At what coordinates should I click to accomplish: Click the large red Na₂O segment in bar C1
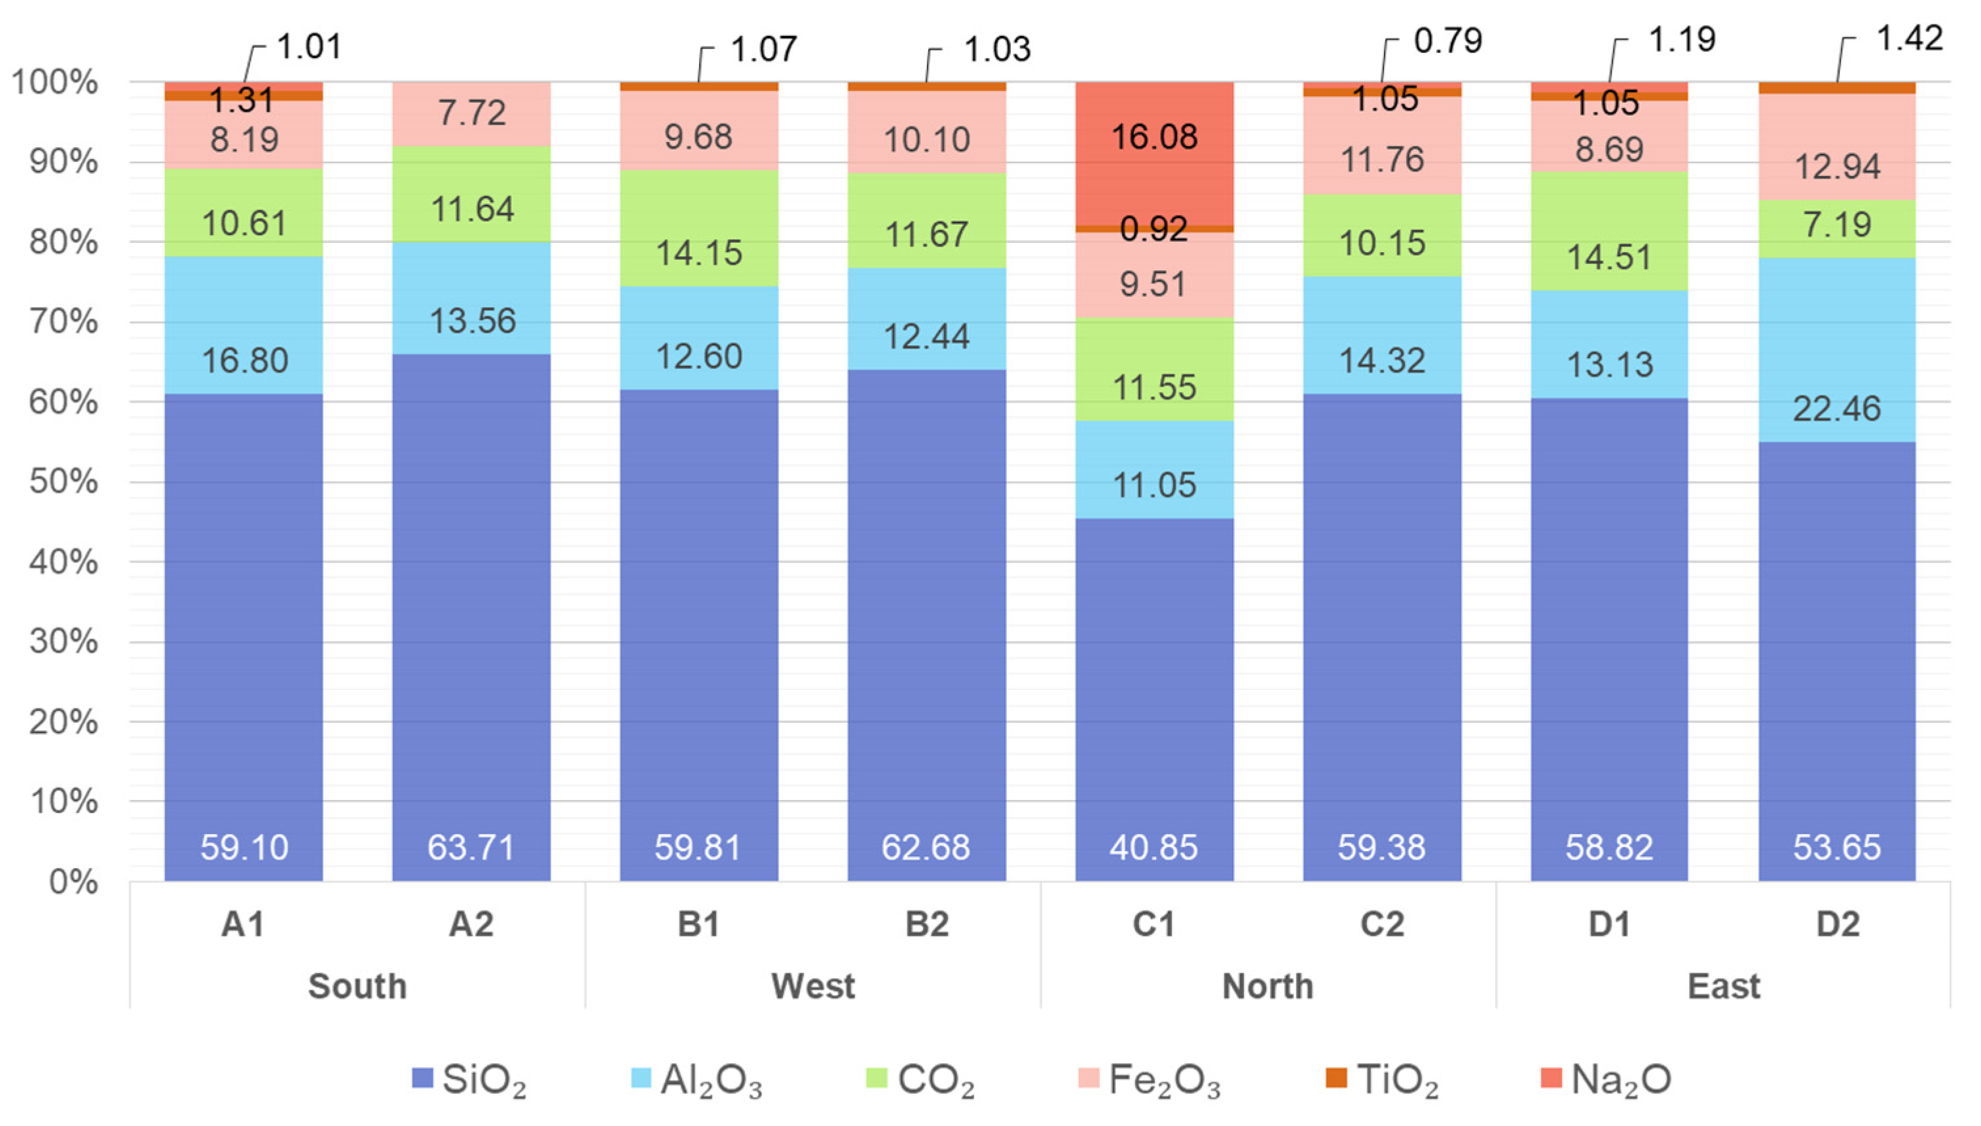[x=1154, y=153]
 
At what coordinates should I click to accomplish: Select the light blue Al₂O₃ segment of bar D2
[x=1837, y=350]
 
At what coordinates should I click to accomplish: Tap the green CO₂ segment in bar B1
[x=699, y=228]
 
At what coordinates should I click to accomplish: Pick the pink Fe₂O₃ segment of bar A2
[x=471, y=114]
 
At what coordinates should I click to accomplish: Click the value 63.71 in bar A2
[x=471, y=848]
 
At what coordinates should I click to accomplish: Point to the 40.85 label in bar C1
[x=1154, y=848]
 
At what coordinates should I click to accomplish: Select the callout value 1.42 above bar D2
[x=1910, y=38]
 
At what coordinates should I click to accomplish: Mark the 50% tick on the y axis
[x=64, y=482]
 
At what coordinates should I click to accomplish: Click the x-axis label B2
[x=927, y=924]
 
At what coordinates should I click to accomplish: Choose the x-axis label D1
[x=1609, y=924]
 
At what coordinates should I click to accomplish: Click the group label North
[x=1268, y=986]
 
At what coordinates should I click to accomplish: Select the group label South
[x=357, y=986]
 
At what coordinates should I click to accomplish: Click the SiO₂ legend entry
[x=469, y=1080]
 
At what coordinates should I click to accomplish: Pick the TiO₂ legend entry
[x=1383, y=1080]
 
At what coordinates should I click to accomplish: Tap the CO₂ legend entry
[x=920, y=1080]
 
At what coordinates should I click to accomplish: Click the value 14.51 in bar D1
[x=1610, y=257]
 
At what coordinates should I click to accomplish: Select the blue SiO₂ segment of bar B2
[x=927, y=626]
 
